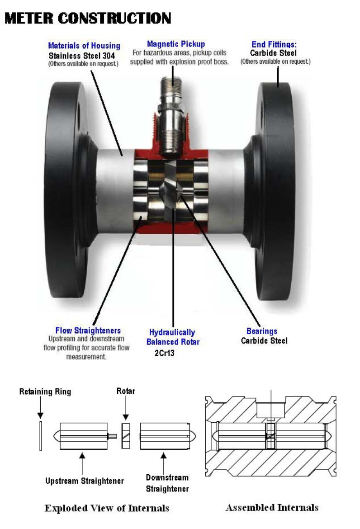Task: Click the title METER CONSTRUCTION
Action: [x=88, y=18]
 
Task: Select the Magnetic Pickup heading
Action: [x=176, y=44]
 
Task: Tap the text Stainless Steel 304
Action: [x=85, y=56]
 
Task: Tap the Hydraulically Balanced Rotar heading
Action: [x=173, y=337]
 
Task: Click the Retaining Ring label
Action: [x=45, y=392]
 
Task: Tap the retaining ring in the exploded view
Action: [x=41, y=436]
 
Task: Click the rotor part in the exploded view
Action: [x=125, y=436]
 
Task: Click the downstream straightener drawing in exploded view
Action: [x=165, y=436]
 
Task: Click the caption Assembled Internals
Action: [x=272, y=507]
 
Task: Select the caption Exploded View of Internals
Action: [x=107, y=508]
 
